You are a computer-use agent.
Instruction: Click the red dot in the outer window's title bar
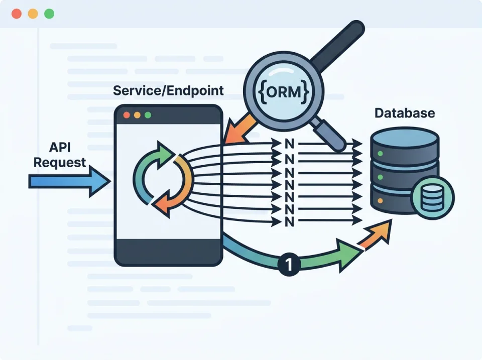point(17,14)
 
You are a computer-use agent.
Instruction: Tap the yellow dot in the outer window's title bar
point(33,14)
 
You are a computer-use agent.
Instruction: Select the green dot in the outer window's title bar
point(49,14)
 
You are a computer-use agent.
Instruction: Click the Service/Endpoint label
point(168,91)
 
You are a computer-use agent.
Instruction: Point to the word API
point(59,148)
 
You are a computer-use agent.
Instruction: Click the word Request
point(60,163)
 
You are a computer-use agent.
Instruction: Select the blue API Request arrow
point(68,181)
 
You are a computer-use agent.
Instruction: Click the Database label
point(405,112)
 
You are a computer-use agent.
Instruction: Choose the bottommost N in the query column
point(289,221)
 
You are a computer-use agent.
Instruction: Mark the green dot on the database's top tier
point(380,153)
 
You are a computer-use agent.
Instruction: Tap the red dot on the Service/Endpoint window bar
point(126,115)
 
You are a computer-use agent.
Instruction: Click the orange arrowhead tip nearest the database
point(384,231)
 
